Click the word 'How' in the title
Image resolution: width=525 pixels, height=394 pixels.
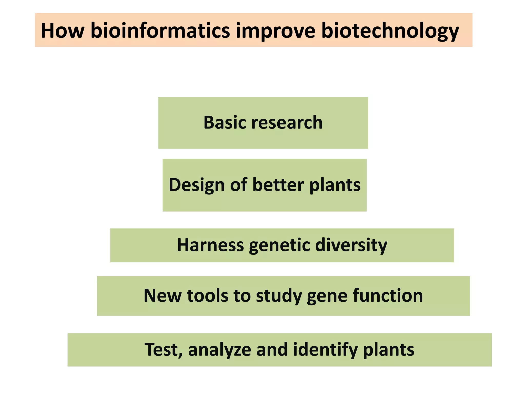(x=63, y=31)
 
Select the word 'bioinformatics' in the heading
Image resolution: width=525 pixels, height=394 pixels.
(x=160, y=31)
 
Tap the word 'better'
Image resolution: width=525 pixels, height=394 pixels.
(x=278, y=185)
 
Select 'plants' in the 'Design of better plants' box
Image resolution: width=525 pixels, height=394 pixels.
(x=335, y=185)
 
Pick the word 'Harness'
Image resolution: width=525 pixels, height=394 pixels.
(x=210, y=245)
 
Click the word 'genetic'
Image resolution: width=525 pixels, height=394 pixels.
(x=280, y=245)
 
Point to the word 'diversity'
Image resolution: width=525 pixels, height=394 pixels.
(x=351, y=245)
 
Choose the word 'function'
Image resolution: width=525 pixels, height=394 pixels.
(x=388, y=295)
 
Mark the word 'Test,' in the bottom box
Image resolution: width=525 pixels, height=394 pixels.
(x=164, y=350)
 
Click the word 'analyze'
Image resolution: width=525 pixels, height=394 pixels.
(x=220, y=350)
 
